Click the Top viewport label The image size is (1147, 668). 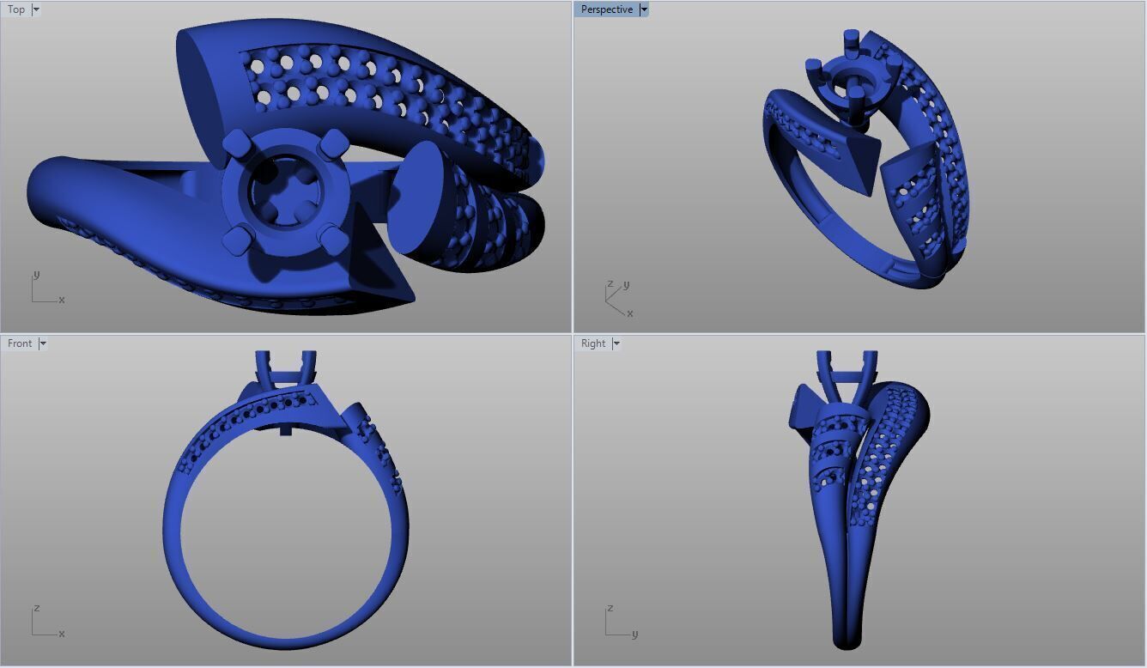point(16,9)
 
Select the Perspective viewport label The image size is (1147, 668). point(606,9)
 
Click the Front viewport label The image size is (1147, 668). point(20,343)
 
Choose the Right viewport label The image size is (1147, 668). point(593,343)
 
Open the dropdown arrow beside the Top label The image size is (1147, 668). point(36,9)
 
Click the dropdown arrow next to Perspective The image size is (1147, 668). point(644,9)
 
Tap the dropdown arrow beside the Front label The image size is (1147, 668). point(43,343)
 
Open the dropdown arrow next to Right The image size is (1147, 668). point(616,343)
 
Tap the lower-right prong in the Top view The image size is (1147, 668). point(333,239)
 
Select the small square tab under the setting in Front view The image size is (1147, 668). point(286,429)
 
